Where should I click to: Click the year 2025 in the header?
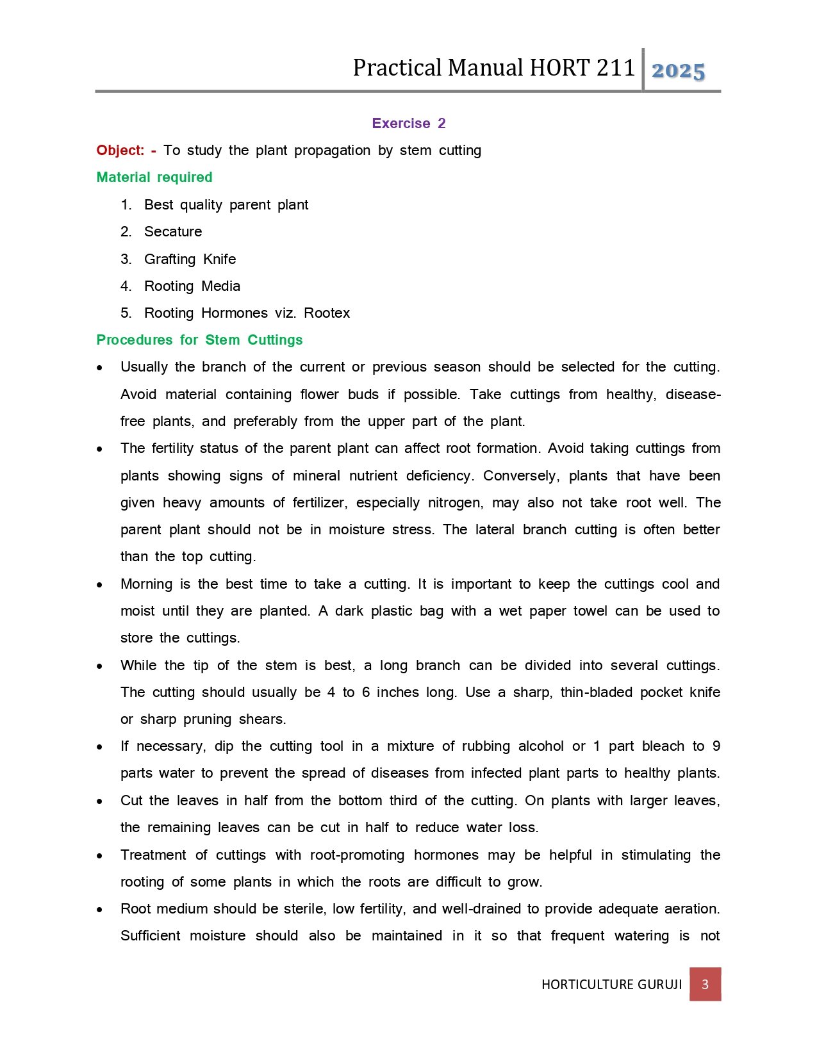(x=678, y=70)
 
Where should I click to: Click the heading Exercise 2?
(x=408, y=123)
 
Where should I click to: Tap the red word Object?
(x=120, y=151)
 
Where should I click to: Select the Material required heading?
(x=154, y=177)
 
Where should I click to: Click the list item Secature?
(x=173, y=232)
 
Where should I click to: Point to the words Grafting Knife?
(x=190, y=259)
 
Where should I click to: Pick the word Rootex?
(x=327, y=313)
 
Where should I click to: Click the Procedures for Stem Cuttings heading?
(x=199, y=340)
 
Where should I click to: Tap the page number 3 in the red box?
(x=705, y=984)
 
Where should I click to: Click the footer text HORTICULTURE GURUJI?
(x=611, y=985)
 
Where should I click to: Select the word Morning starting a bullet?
(x=146, y=584)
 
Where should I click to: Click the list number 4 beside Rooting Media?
(x=126, y=286)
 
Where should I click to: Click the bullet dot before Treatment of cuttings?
(x=100, y=856)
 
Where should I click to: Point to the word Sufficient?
(x=150, y=936)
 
